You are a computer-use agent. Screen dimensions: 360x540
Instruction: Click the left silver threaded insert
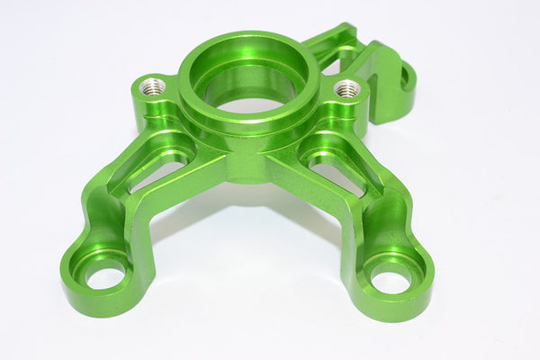[x=153, y=86]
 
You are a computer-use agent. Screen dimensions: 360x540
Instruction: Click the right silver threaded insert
[x=347, y=88]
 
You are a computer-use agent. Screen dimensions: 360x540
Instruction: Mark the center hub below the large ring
[x=248, y=162]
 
